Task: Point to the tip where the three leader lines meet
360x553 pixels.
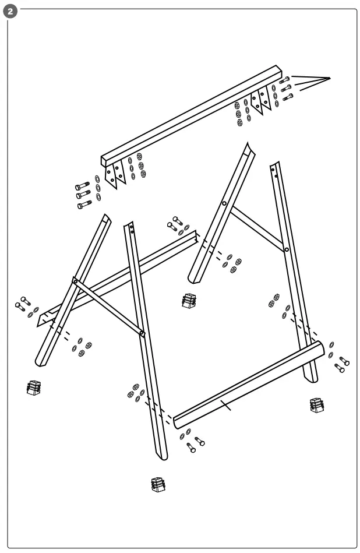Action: click(x=330, y=78)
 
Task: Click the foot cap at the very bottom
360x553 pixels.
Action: click(x=157, y=484)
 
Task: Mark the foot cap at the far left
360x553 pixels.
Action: click(x=34, y=387)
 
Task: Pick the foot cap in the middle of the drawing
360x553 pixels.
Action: click(x=188, y=301)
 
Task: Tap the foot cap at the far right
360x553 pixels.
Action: click(x=316, y=405)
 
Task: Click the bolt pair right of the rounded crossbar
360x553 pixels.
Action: click(x=341, y=364)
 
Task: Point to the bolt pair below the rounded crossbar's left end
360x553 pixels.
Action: click(x=195, y=444)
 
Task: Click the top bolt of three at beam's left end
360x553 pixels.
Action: click(x=82, y=186)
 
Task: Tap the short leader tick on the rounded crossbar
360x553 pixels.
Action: click(x=225, y=405)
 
